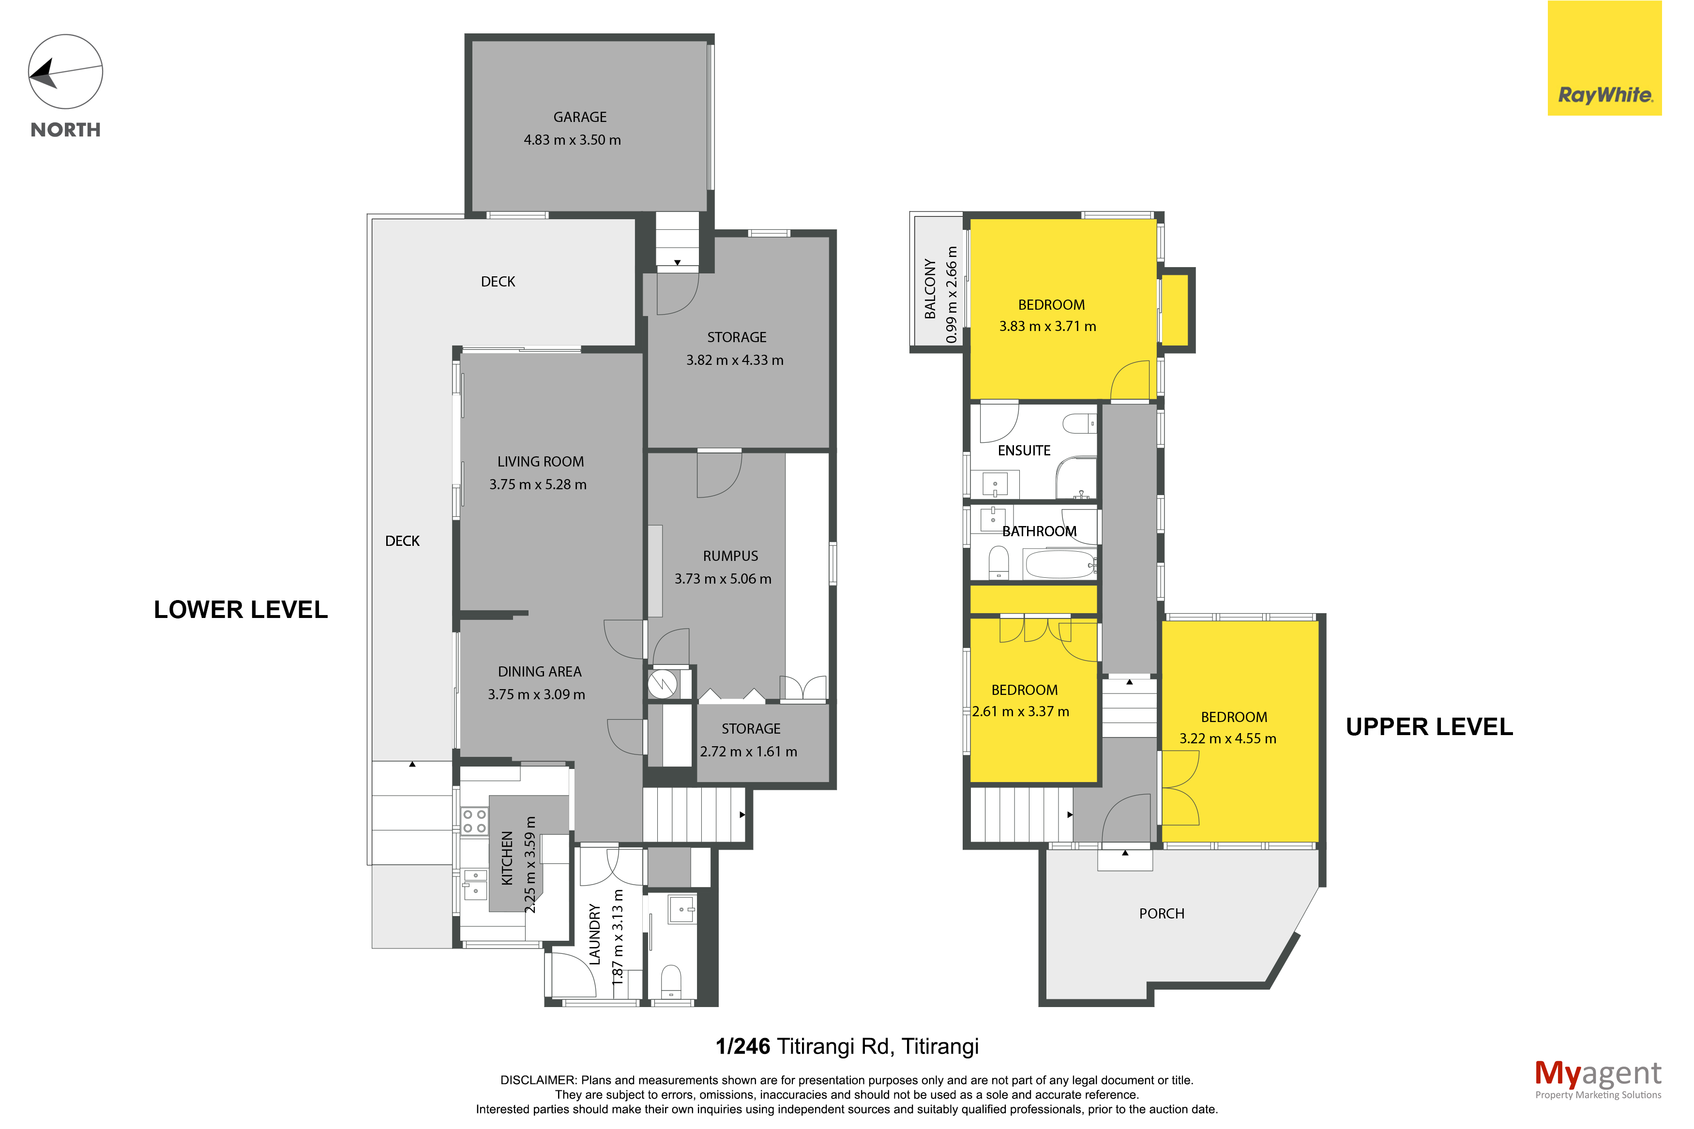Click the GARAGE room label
pos(579,117)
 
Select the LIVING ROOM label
pos(541,462)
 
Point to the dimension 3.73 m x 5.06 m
pos(723,579)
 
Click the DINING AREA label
pos(539,672)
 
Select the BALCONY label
pos(930,289)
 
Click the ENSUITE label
pos(1024,451)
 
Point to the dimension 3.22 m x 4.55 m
pos(1227,739)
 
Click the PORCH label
pos(1161,914)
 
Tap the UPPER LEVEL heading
pos(1429,727)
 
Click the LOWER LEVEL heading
pos(241,610)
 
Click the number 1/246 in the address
pos(742,1046)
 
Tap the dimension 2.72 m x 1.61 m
pos(749,752)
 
